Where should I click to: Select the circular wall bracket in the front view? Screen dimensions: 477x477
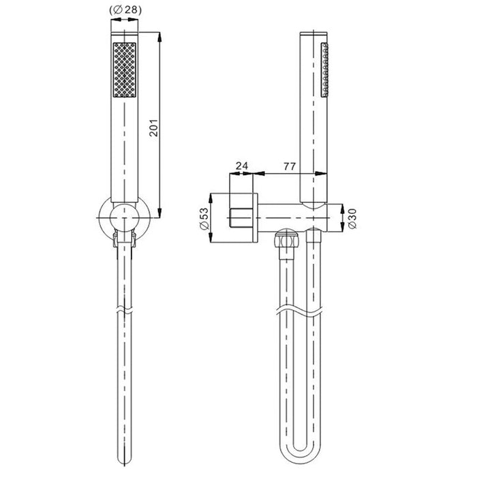[124, 217]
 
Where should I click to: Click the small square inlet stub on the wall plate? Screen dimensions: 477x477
[240, 217]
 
